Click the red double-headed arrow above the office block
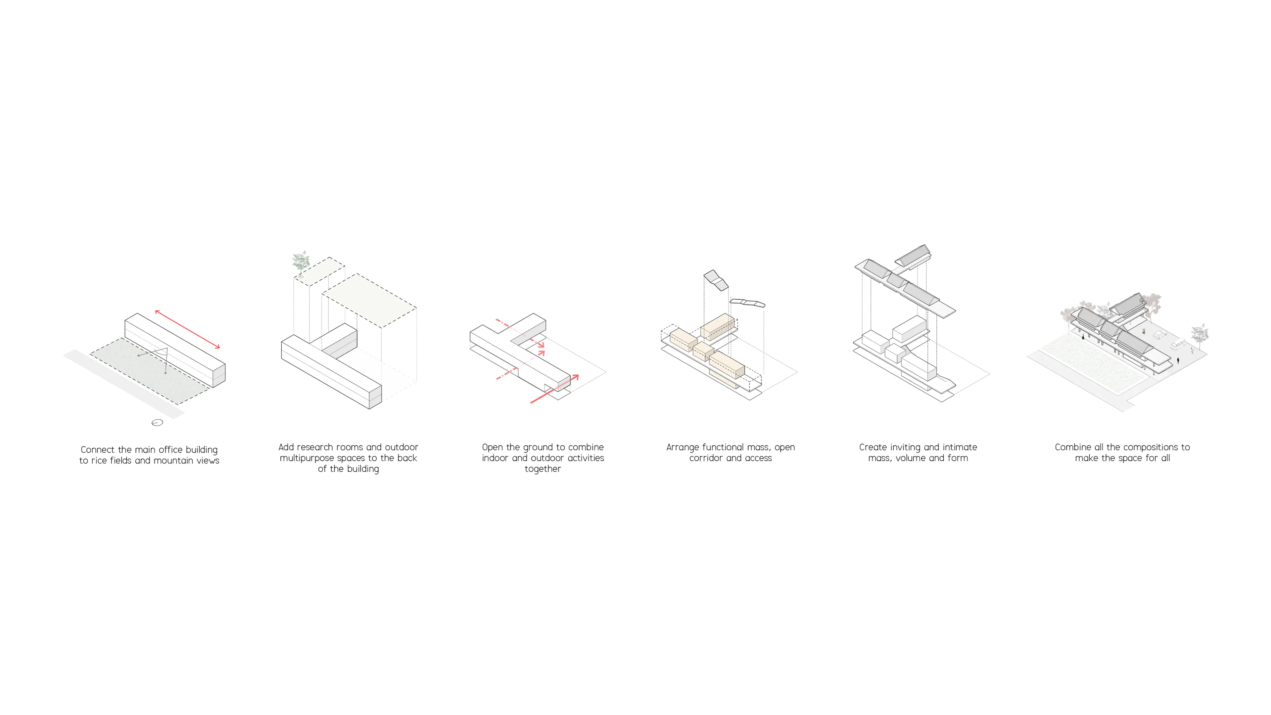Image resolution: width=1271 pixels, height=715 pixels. click(x=187, y=329)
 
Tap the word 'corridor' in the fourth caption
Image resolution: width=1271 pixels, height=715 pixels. click(x=706, y=458)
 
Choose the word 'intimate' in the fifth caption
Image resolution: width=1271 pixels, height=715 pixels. click(x=960, y=447)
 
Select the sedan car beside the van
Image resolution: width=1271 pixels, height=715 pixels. click(x=1158, y=335)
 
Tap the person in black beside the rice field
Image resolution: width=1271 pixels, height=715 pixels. click(x=1083, y=337)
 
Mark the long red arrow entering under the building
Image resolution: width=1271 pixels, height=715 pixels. click(x=554, y=389)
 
